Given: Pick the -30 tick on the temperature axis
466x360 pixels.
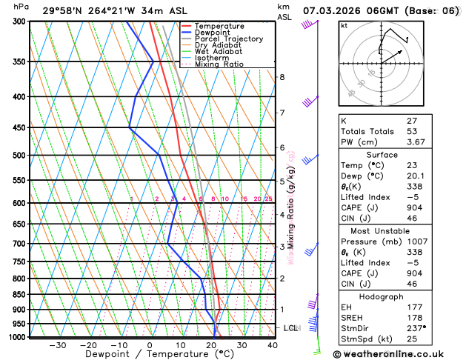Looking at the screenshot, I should point(57,345).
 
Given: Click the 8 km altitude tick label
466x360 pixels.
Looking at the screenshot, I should point(282,77).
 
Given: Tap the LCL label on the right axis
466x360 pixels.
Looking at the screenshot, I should point(290,328).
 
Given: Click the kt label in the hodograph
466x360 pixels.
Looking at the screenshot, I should point(344,26).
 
